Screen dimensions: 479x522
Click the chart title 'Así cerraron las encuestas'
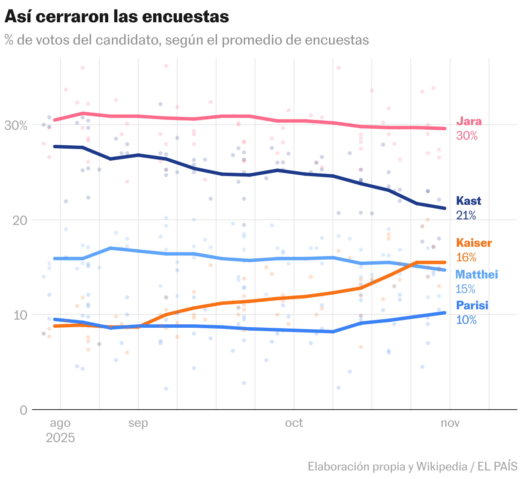116,17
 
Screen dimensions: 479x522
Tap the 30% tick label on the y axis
16,126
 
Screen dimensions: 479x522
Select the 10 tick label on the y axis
20,315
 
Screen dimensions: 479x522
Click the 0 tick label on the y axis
24,410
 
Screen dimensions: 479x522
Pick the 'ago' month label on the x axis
60,423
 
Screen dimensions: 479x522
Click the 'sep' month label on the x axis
138,423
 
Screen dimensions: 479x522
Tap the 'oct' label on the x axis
294,423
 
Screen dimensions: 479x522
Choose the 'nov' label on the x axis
450,423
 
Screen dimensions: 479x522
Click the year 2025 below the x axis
60,438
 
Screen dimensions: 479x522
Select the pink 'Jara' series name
469,121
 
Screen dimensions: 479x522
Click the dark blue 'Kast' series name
469,201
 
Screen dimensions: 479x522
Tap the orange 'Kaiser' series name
474,243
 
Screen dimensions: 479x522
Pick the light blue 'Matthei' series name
477,274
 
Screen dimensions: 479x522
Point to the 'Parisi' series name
472,305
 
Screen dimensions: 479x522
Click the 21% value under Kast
466,215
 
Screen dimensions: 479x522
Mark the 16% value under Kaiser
466,257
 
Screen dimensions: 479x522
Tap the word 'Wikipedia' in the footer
442,466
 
